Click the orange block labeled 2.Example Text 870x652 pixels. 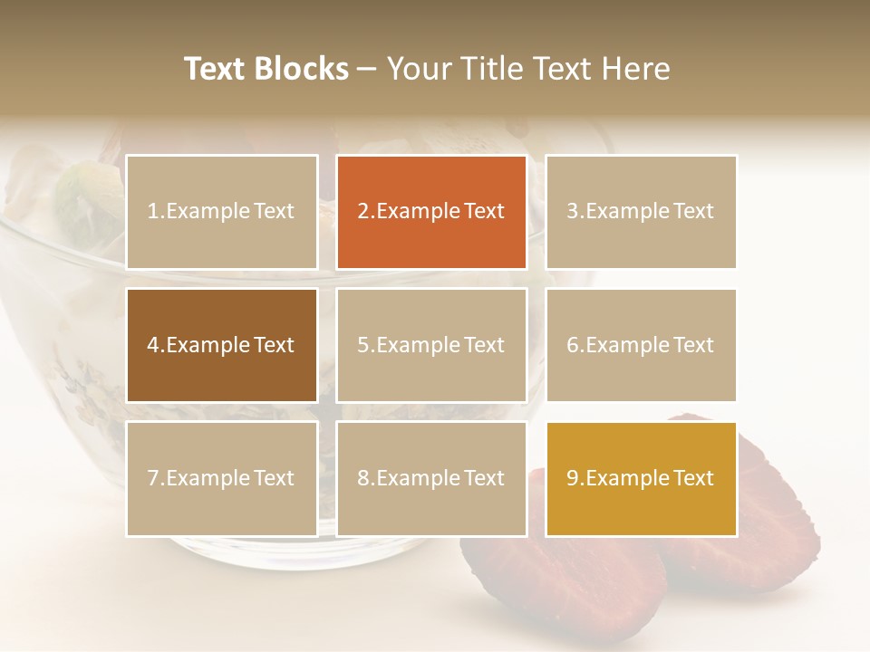pos(431,212)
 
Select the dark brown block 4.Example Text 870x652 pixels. pos(222,345)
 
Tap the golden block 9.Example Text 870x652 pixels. pos(641,478)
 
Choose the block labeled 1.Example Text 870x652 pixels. pos(222,212)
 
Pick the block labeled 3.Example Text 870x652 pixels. pos(641,212)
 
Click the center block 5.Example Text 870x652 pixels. pos(431,345)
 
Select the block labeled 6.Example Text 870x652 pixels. pos(641,345)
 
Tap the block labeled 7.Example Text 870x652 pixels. pos(222,478)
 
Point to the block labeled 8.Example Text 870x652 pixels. pos(431,478)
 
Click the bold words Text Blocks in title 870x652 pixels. pos(266,69)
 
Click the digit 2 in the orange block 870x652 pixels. pos(362,212)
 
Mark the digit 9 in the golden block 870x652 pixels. pos(573,478)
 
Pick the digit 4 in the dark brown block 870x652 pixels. pos(153,345)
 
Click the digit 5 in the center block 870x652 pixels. pos(362,345)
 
